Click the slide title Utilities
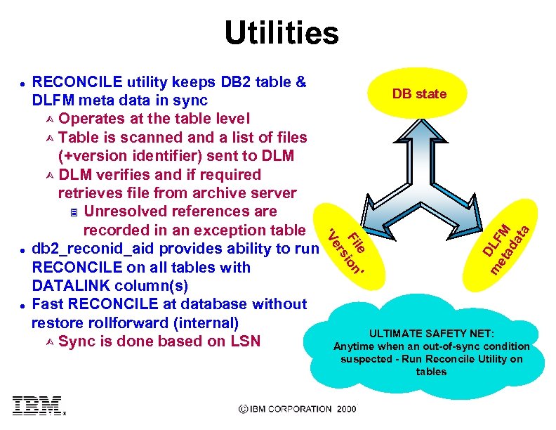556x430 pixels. pyautogui.click(x=281, y=33)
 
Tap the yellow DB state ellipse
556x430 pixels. pyautogui.click(x=419, y=93)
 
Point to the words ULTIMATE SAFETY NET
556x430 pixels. pyautogui.click(x=432, y=334)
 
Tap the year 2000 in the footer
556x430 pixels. pyautogui.click(x=347, y=409)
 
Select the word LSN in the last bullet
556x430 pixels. pyautogui.click(x=244, y=341)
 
